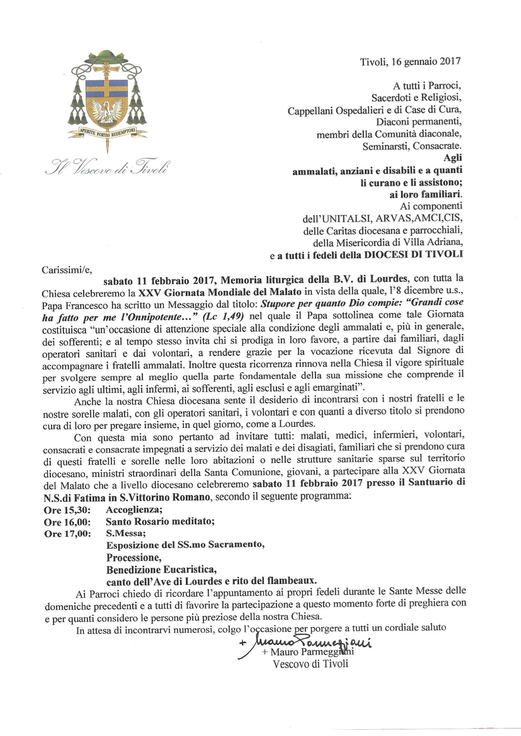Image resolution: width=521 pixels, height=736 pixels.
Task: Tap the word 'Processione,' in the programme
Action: [x=134, y=558]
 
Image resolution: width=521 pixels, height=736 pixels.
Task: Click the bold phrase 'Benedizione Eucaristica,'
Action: [x=162, y=570]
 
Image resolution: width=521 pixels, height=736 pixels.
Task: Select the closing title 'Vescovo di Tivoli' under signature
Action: [x=310, y=664]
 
